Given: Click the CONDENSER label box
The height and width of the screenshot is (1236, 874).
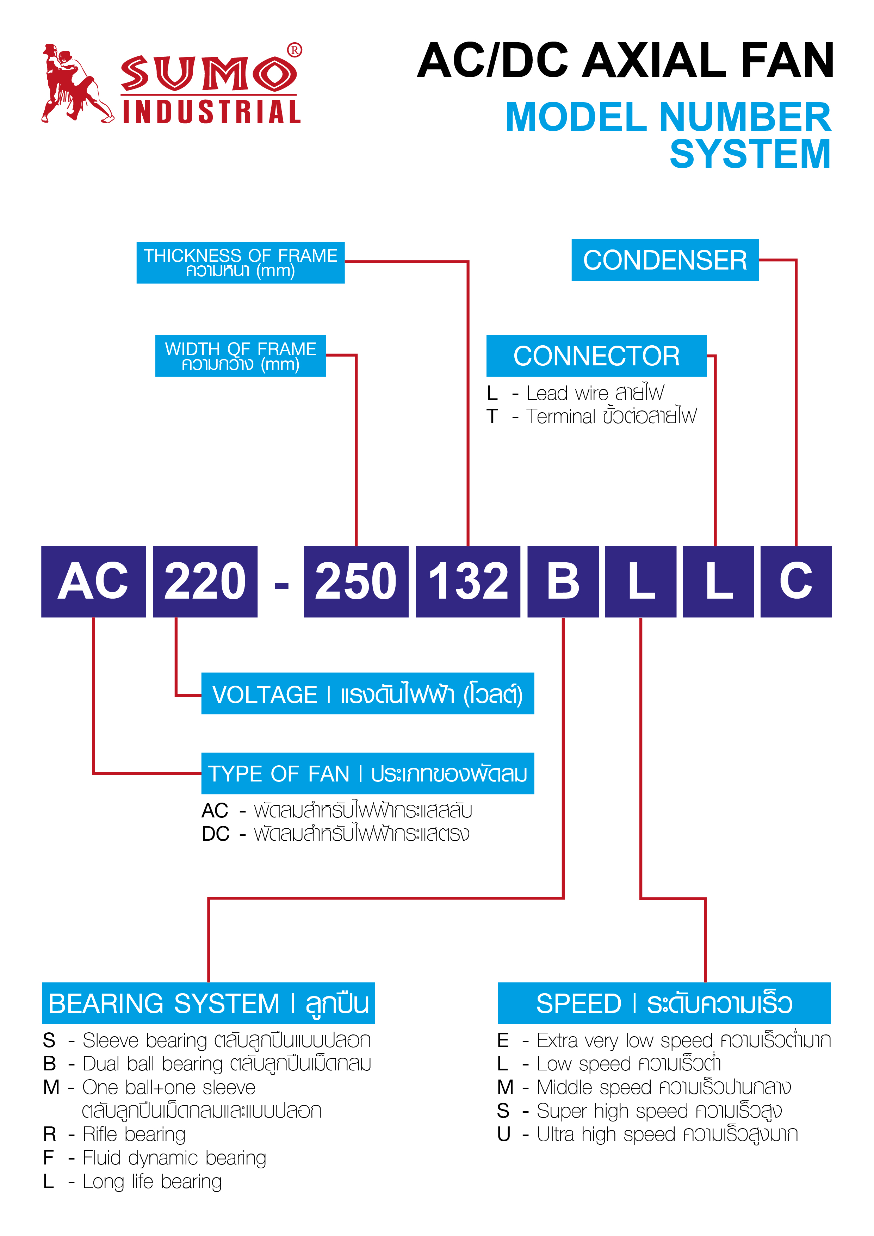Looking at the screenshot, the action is pyautogui.click(x=665, y=260).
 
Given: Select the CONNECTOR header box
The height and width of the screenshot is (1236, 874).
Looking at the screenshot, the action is pyautogui.click(x=596, y=356).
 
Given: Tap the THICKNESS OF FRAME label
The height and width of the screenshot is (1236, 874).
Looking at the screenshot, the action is pyautogui.click(x=241, y=263).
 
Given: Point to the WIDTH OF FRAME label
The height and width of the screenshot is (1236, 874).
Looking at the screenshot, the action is pyautogui.click(x=241, y=356).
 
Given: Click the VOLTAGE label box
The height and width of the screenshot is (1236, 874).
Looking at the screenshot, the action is pyautogui.click(x=367, y=693).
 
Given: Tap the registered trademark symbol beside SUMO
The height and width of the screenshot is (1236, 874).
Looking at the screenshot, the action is pyautogui.click(x=295, y=50).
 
